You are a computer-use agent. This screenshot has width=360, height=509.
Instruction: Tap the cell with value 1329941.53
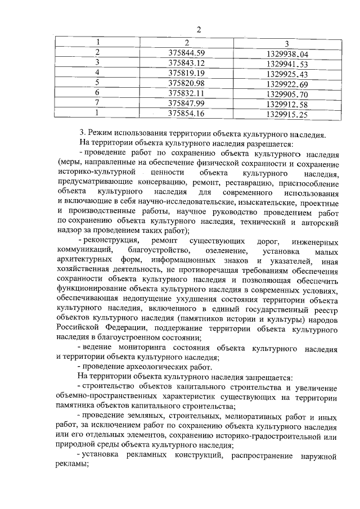pyautogui.click(x=287, y=64)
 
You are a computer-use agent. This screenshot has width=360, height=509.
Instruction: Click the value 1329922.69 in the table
pyautogui.click(x=287, y=84)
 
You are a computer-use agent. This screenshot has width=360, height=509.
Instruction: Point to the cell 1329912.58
pyautogui.click(x=287, y=104)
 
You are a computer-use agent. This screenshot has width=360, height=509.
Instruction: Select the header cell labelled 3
pyautogui.click(x=286, y=43)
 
